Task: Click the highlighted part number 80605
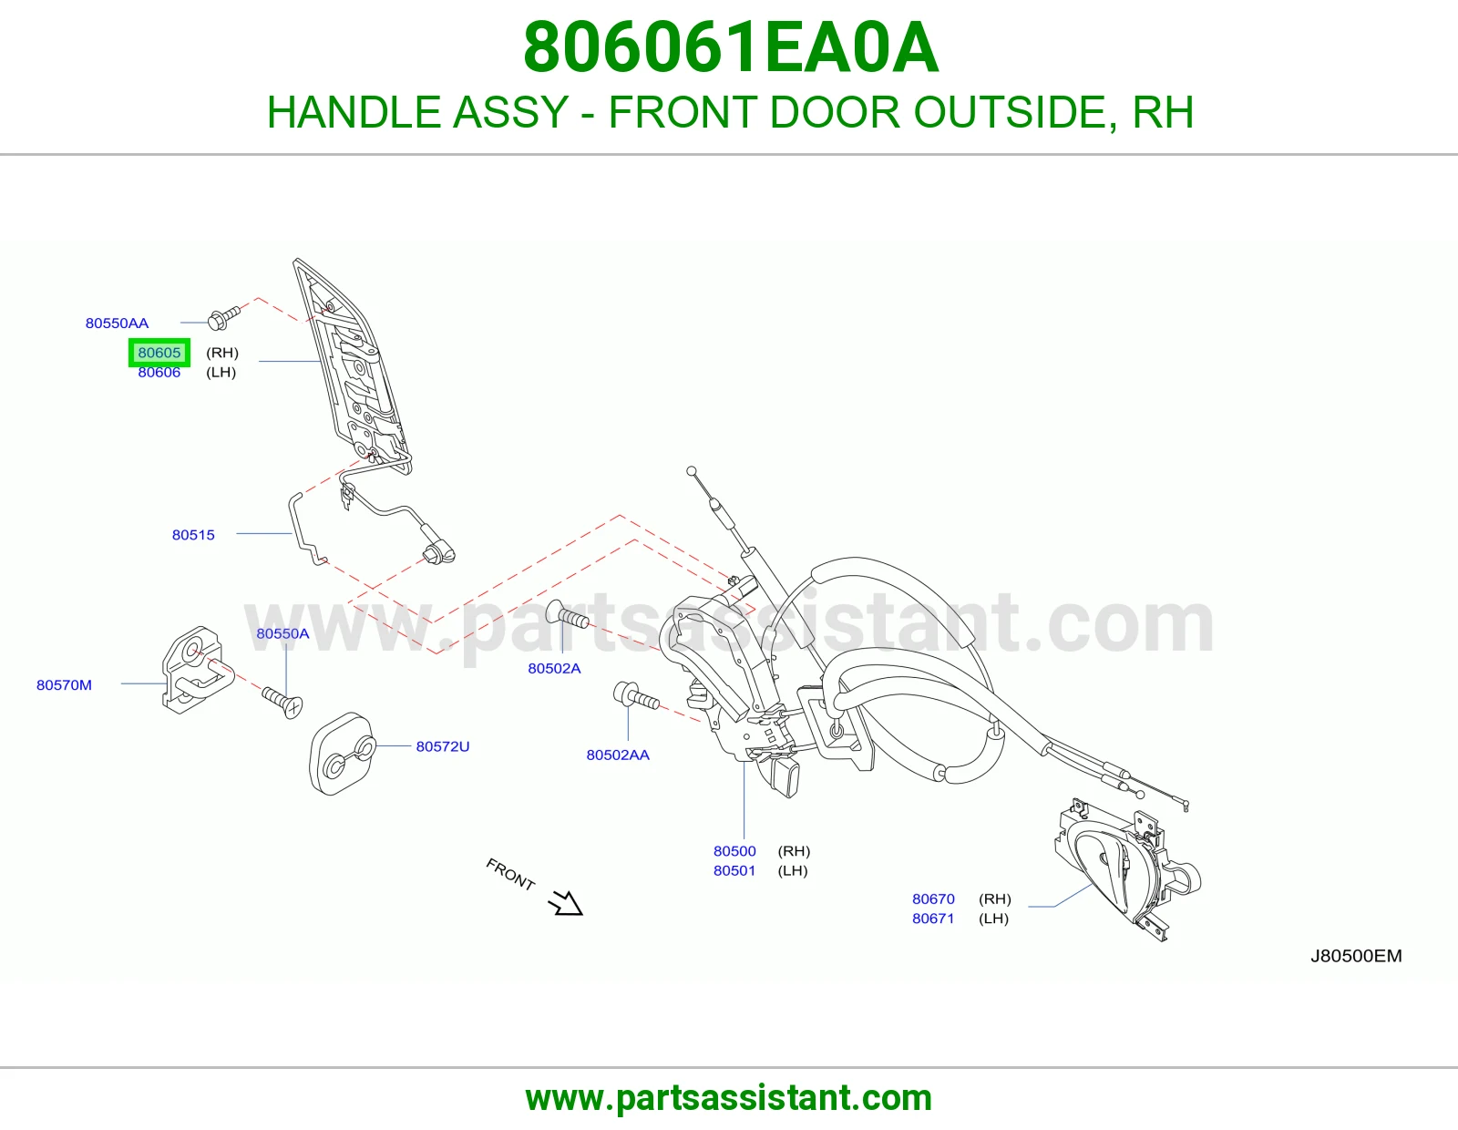tap(159, 353)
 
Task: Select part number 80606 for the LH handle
tap(159, 373)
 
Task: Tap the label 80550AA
tap(117, 323)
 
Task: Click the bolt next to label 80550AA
tap(224, 318)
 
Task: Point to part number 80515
tap(193, 535)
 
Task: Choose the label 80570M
tap(64, 685)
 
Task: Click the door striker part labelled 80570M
tap(197, 671)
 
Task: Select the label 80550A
tap(282, 633)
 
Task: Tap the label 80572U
tap(443, 746)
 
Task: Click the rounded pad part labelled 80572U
tap(342, 754)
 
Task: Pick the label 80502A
tap(554, 668)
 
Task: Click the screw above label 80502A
tap(568, 614)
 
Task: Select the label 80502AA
tap(618, 755)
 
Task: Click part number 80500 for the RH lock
tap(734, 851)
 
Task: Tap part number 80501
tap(734, 870)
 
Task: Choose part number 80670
tap(933, 899)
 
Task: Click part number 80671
tap(933, 918)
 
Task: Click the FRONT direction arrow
tap(566, 902)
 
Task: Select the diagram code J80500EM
tap(1356, 956)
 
